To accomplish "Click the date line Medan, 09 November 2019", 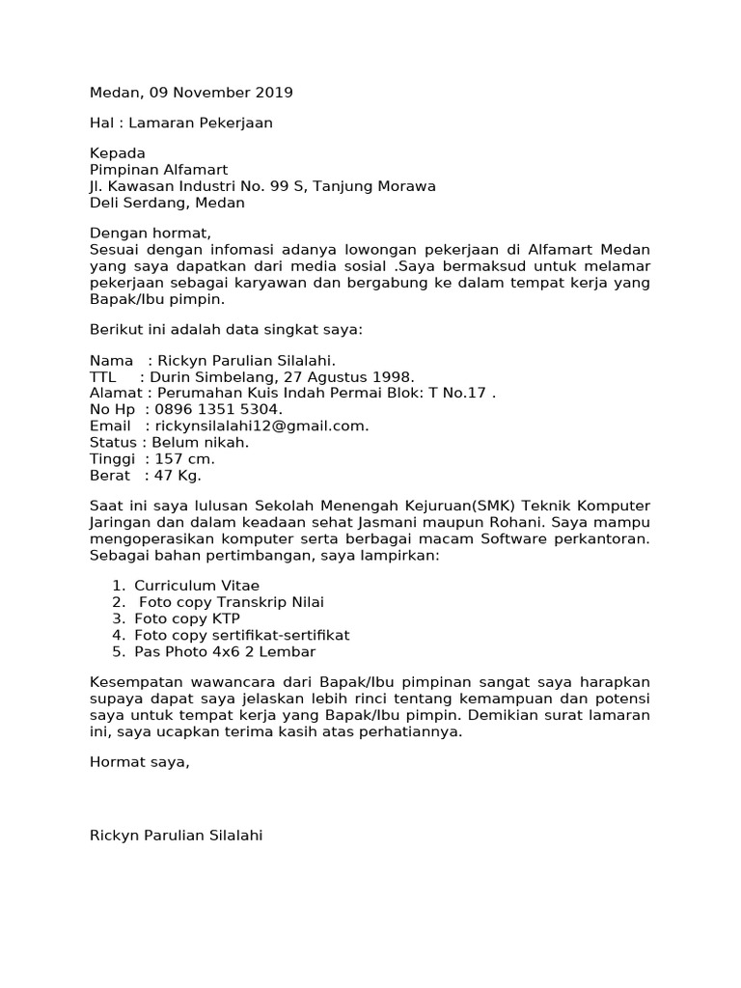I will point(191,93).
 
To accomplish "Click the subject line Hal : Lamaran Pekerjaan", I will point(181,123).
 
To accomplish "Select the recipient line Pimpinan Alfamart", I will point(159,170).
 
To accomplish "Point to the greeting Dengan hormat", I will point(150,233).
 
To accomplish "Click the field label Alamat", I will point(115,393).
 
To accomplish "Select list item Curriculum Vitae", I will point(197,586).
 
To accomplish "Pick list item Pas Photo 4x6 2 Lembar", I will point(225,651).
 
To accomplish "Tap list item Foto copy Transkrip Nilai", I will point(232,602).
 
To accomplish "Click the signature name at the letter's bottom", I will point(176,836).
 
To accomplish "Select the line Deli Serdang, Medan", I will point(167,203).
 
